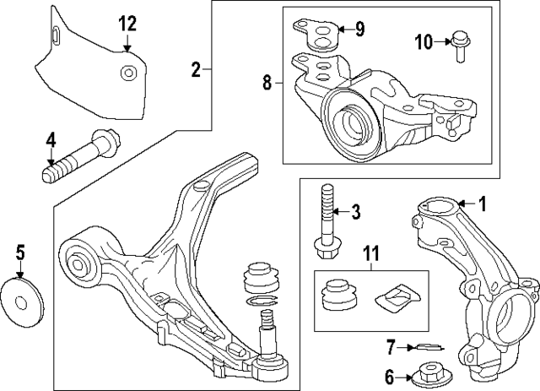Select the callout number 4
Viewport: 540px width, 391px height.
[x=51, y=138]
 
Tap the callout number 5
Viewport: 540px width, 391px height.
[x=20, y=251]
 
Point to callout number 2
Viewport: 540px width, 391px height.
[x=196, y=70]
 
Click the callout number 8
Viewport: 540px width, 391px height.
[x=267, y=82]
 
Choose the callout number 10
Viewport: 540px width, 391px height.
[x=422, y=40]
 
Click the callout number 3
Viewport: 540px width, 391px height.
[x=356, y=211]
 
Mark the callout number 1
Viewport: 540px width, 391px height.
[x=483, y=204]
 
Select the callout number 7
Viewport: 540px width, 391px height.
[x=390, y=345]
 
